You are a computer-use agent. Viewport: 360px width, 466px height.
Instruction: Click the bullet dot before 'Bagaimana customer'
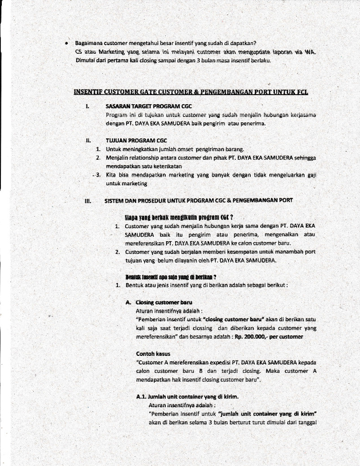[66, 43]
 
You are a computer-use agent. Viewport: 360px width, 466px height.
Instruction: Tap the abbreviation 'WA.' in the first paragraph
[310, 52]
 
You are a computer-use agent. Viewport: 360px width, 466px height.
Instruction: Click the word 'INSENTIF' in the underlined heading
[88, 92]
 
